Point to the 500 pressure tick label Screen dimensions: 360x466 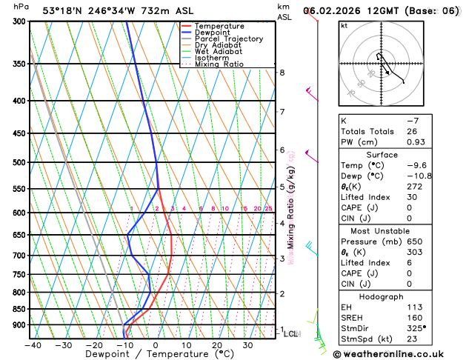point(20,162)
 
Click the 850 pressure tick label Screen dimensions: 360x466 point(20,309)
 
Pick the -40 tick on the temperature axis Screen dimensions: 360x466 point(32,345)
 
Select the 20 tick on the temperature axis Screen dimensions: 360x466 point(217,345)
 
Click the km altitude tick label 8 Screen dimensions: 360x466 point(282,73)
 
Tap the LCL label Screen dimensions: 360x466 point(291,334)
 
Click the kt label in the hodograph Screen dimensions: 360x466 point(344,25)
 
